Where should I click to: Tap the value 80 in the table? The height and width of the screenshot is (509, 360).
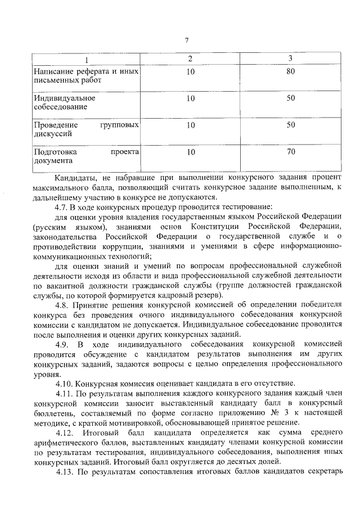click(x=291, y=71)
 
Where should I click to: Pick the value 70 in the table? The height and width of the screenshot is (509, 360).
click(x=291, y=152)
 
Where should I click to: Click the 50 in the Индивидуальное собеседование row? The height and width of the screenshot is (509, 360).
click(x=291, y=98)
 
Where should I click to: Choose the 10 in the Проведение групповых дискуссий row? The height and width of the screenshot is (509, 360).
click(x=191, y=125)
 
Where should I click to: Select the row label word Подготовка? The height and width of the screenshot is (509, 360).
click(x=55, y=152)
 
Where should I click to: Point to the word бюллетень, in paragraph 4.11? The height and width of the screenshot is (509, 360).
click(x=54, y=412)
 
